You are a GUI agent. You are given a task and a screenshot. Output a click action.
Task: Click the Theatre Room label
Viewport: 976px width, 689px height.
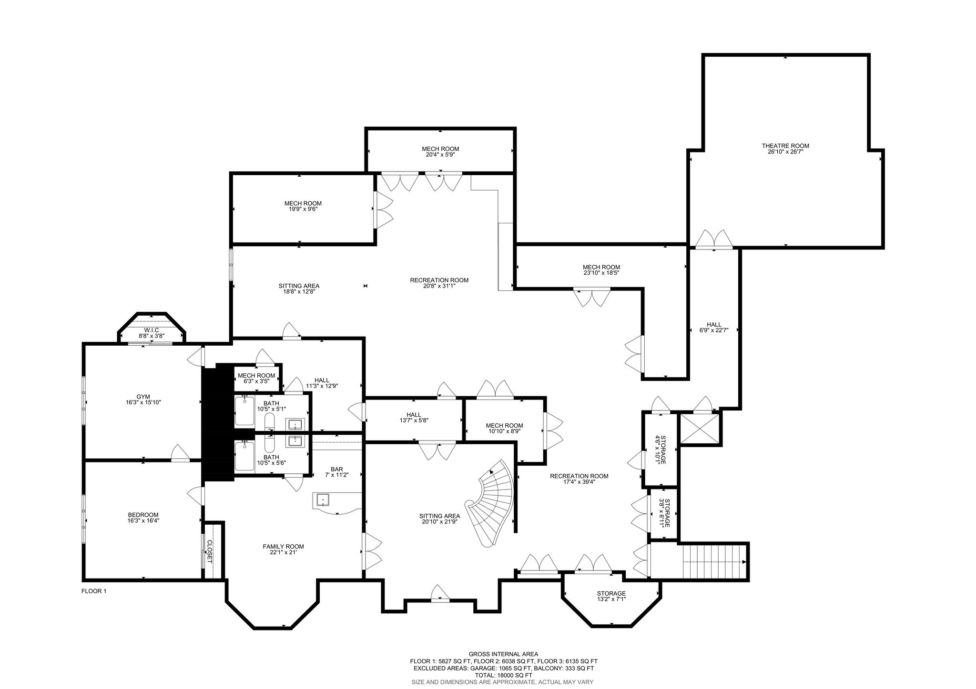tap(785, 146)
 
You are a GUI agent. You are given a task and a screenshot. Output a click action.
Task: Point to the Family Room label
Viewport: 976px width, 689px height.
tap(283, 547)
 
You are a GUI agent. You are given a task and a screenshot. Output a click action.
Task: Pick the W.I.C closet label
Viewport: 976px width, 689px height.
tap(152, 330)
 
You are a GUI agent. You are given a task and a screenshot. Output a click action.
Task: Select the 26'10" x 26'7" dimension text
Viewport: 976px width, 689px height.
tap(785, 152)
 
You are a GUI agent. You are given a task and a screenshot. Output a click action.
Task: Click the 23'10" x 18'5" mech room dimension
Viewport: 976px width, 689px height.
tap(601, 273)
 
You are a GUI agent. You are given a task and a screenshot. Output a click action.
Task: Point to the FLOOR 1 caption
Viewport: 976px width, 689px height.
tap(94, 591)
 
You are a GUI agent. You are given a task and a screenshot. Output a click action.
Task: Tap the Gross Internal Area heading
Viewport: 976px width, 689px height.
tap(504, 654)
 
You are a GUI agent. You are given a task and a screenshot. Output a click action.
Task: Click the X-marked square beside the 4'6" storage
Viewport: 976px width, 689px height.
tap(699, 428)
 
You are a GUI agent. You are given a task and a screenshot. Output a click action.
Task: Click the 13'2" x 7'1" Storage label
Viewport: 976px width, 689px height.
tap(611, 596)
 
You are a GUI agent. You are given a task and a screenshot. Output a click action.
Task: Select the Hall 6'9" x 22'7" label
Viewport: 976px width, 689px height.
tap(714, 327)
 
